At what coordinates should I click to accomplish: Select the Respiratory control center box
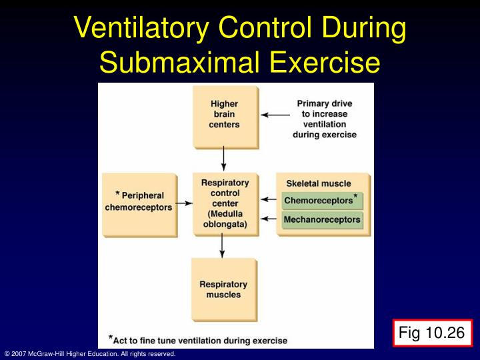coord(225,203)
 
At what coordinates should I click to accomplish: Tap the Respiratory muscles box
coord(223,289)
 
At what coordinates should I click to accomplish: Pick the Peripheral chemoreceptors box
coord(139,203)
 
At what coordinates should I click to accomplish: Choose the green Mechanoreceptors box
coord(322,219)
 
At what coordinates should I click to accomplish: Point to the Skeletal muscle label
coord(319,183)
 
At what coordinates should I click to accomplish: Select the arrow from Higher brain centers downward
coord(223,158)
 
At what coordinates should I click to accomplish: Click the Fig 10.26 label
coord(431,331)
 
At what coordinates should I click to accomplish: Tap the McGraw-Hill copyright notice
coord(89,354)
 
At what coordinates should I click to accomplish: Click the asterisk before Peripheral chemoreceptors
coord(117,194)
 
